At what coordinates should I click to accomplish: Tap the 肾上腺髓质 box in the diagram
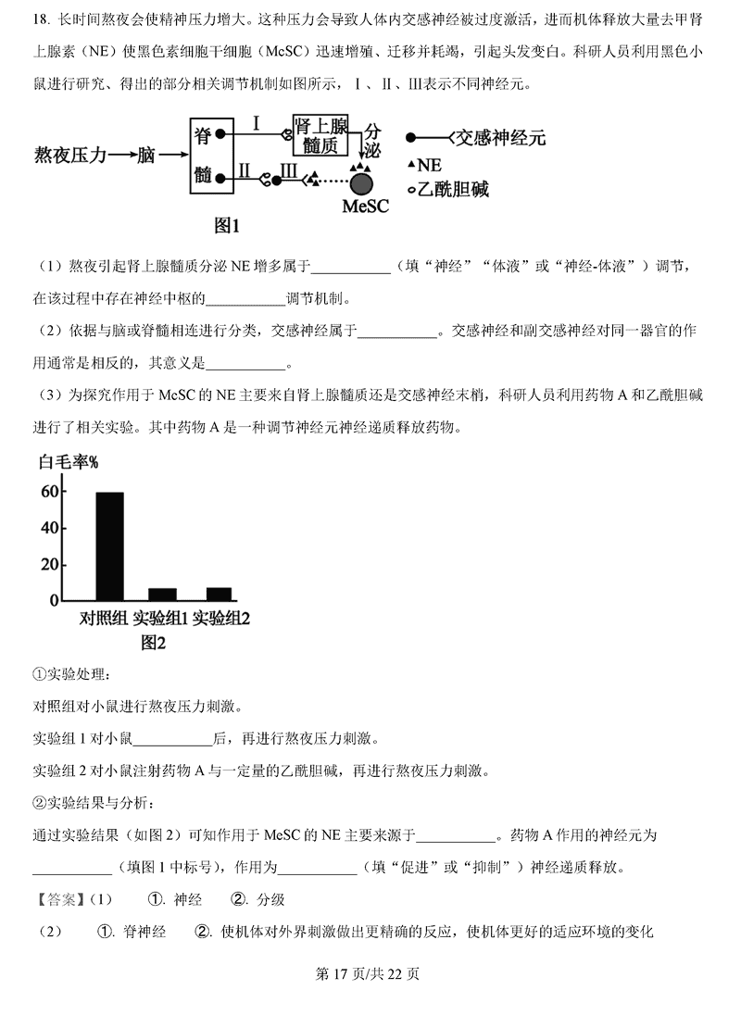coord(320,135)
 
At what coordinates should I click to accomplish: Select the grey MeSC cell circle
coord(360,180)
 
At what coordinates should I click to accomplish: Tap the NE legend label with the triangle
coord(428,165)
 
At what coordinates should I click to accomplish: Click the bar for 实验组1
coord(162,595)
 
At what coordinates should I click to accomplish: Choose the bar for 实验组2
coord(220,595)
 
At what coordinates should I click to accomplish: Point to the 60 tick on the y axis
coord(47,492)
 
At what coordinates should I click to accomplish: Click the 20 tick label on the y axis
coord(47,565)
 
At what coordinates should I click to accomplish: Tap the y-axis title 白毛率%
coord(69,462)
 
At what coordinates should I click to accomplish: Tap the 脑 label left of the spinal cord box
coord(145,156)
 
